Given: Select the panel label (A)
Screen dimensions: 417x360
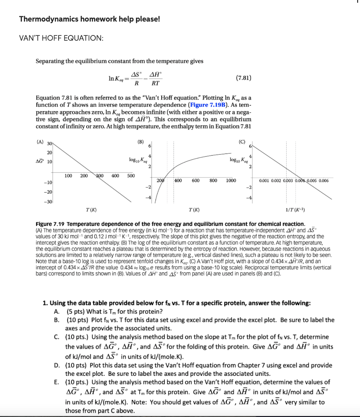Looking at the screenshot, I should [41, 143].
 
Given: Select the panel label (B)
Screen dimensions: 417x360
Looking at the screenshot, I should [140, 143].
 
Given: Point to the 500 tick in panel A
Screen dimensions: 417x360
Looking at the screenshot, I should [130, 176].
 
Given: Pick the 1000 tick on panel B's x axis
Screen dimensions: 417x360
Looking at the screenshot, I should [231, 180].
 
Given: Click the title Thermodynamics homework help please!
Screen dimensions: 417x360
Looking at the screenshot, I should [90, 19].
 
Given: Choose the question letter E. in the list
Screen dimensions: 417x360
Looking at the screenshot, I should [56, 382].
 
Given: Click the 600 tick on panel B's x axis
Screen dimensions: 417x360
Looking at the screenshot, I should [195, 180].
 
